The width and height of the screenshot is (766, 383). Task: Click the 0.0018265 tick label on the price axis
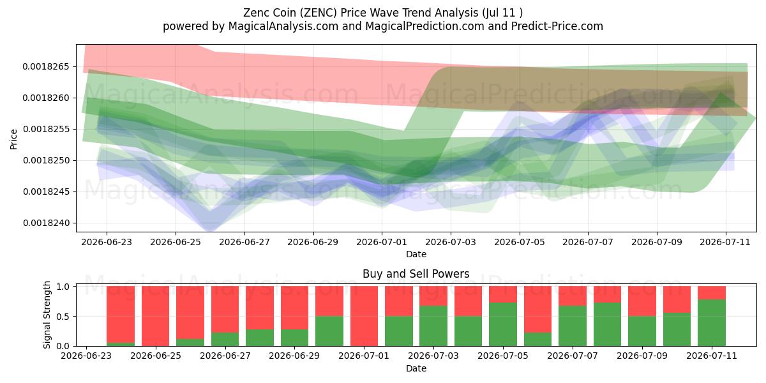(x=46, y=66)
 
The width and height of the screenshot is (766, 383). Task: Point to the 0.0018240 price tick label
(x=46, y=223)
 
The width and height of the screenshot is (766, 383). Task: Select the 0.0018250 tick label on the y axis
(x=46, y=161)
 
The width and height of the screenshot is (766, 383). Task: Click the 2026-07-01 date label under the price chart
(x=382, y=242)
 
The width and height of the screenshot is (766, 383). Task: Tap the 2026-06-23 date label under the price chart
(x=107, y=242)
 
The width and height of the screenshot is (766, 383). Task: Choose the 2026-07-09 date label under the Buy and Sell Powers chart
(x=642, y=356)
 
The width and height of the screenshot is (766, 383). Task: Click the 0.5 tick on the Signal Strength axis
(x=63, y=317)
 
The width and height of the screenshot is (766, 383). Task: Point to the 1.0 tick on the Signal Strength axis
(x=63, y=287)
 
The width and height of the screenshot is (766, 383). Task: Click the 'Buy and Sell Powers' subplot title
(x=416, y=274)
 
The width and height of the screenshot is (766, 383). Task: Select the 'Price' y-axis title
(x=13, y=139)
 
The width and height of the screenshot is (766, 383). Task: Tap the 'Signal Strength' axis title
(x=47, y=315)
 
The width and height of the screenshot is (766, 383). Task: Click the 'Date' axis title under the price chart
(x=416, y=254)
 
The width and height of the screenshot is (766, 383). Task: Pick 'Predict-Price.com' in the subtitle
(x=557, y=26)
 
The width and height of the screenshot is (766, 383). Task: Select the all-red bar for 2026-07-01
(x=364, y=316)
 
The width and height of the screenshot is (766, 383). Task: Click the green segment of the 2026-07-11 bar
(x=712, y=323)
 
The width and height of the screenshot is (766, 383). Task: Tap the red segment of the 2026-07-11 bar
(x=712, y=293)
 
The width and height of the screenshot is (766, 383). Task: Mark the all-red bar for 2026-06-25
(x=156, y=316)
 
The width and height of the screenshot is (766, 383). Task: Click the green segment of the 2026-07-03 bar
(x=433, y=326)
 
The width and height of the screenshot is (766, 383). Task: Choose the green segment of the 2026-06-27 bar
(x=225, y=339)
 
